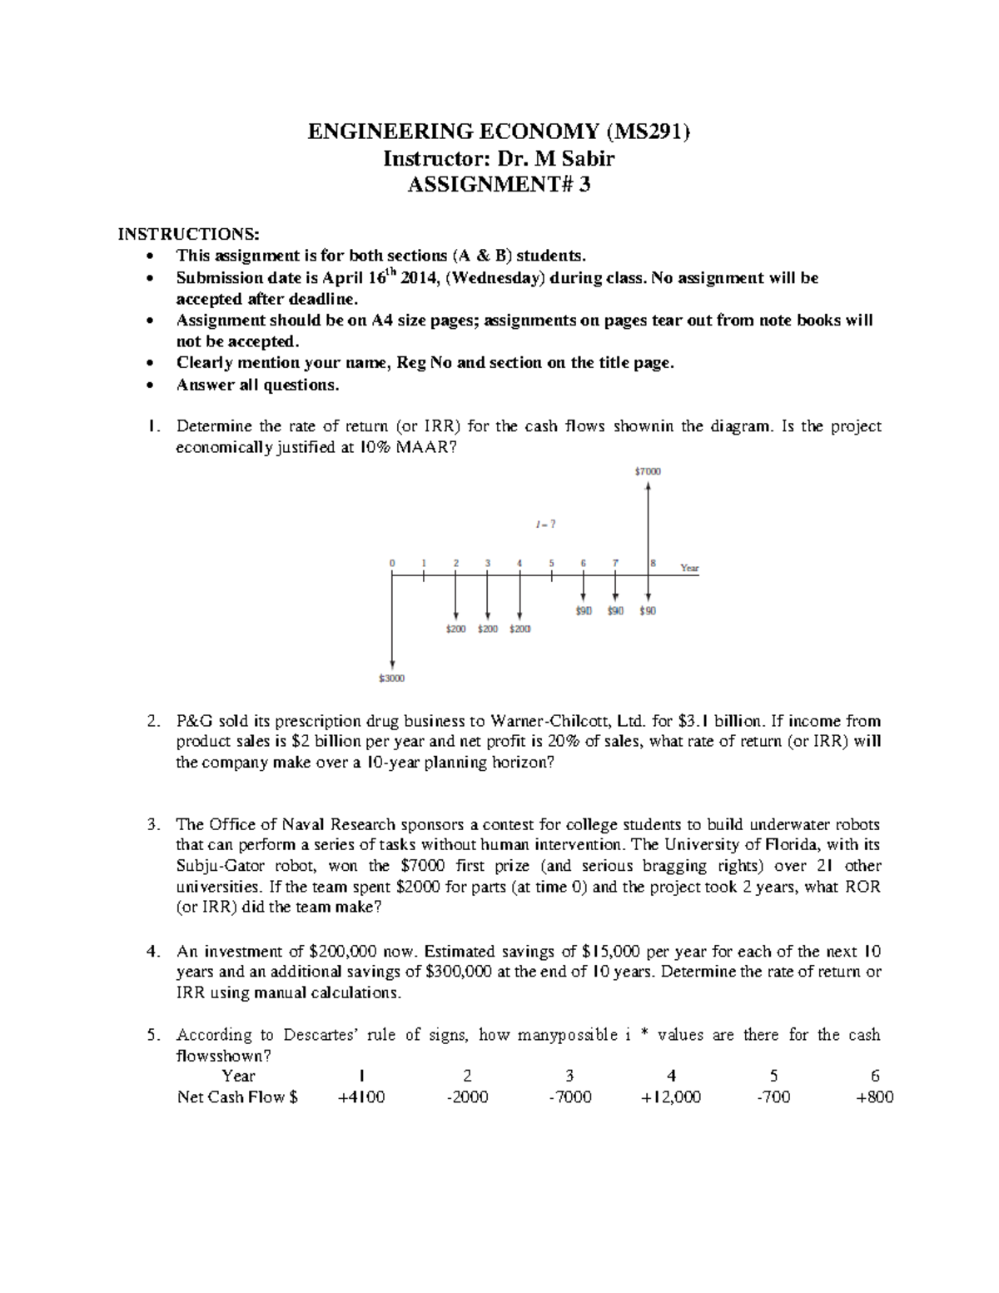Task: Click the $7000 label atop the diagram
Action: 648,471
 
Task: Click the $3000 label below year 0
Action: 391,679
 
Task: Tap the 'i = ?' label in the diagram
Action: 545,524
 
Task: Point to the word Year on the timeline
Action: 689,569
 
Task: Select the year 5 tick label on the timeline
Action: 551,563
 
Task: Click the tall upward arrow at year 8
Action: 648,525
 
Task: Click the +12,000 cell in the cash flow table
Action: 671,1097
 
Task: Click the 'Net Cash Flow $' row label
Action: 237,1097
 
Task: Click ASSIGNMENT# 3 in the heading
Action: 499,185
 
